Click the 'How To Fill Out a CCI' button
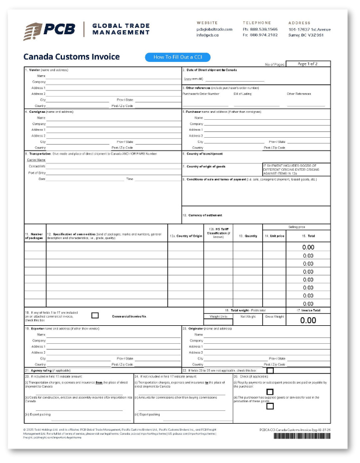pyautogui.click(x=178, y=57)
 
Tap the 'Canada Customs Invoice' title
pyautogui.click(x=71, y=57)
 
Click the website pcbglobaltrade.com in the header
pyautogui.click(x=214, y=29)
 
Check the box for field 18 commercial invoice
pyautogui.click(x=95, y=315)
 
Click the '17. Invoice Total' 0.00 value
pyautogui.click(x=308, y=320)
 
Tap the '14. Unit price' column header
pyautogui.click(x=274, y=236)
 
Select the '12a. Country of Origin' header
pyautogui.click(x=186, y=236)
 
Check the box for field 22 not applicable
pyautogui.click(x=270, y=370)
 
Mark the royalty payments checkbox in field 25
pyautogui.click(x=270, y=392)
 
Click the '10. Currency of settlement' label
pyautogui.click(x=202, y=215)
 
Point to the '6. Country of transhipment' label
pyautogui.click(x=203, y=154)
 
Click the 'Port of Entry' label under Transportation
pyautogui.click(x=37, y=172)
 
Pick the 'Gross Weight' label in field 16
pyautogui.click(x=274, y=317)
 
